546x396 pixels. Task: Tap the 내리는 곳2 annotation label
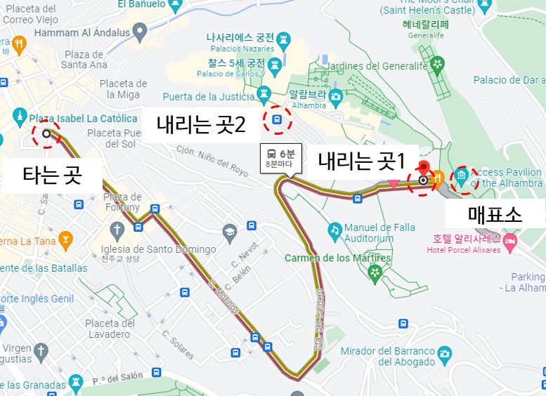[x=201, y=126]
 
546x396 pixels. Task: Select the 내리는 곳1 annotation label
[x=361, y=162]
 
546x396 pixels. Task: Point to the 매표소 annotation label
[x=495, y=214]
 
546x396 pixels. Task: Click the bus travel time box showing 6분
[x=281, y=159]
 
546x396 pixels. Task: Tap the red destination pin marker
[x=423, y=169]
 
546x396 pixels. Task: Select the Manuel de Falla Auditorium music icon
[x=335, y=229]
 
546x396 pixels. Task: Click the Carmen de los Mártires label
[x=327, y=258]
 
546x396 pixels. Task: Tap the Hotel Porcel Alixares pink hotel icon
[x=509, y=241]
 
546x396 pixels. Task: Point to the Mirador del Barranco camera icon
[x=444, y=353]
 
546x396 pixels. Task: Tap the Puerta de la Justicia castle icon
[x=264, y=93]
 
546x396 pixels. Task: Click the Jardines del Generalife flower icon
[x=438, y=65]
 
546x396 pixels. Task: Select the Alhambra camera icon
[x=335, y=95]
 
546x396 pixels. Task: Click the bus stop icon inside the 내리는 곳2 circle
[x=277, y=119]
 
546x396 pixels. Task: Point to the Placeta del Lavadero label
[x=110, y=329]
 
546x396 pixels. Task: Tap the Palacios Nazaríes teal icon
[x=282, y=39]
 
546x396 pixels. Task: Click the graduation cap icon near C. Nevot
[x=229, y=231]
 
